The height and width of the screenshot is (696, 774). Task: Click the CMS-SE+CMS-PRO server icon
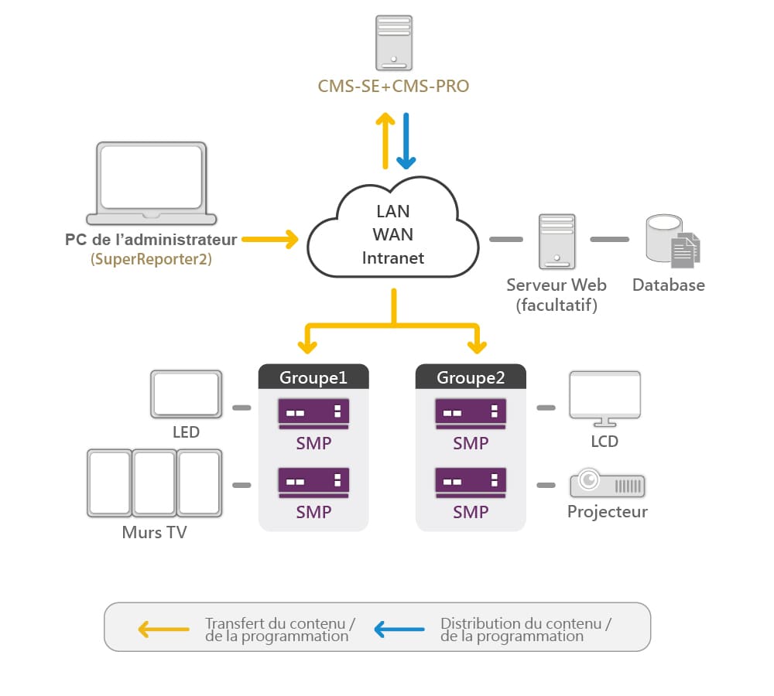coord(393,43)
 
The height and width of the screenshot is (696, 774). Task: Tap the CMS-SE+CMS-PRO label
coord(393,87)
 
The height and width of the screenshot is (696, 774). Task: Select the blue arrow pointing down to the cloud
coord(406,141)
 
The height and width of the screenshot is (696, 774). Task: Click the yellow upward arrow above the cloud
coord(385,141)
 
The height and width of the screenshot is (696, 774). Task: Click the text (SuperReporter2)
coord(151,259)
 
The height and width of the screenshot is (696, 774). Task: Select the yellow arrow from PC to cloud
coord(270,239)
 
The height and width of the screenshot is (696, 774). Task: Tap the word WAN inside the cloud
coord(393,234)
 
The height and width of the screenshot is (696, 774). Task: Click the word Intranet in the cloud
coord(393,258)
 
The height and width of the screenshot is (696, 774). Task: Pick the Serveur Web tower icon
coord(557,241)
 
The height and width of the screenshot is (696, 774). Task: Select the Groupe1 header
coord(313,377)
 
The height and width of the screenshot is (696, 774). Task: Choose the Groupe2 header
coord(471,377)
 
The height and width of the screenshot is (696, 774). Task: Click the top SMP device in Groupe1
coord(313,414)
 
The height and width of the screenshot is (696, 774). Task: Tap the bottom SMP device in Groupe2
coord(471,483)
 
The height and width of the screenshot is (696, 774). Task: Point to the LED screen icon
coord(186,394)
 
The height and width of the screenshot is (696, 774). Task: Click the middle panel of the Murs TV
coord(155,483)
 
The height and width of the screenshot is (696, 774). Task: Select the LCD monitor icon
coord(604,399)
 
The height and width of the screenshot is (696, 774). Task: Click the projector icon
coord(607,483)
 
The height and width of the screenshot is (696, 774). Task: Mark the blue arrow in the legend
coord(399,629)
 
